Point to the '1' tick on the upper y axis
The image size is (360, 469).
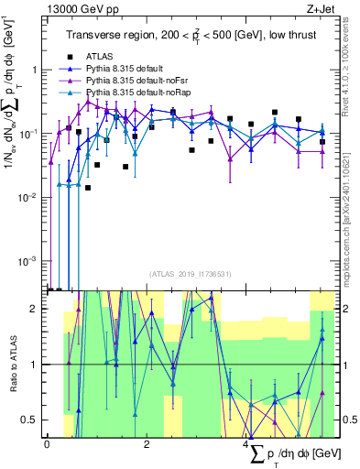35,71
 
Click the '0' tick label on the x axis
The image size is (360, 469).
47,444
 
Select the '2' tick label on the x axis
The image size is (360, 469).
147,444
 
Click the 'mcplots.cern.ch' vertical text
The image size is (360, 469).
352,211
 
